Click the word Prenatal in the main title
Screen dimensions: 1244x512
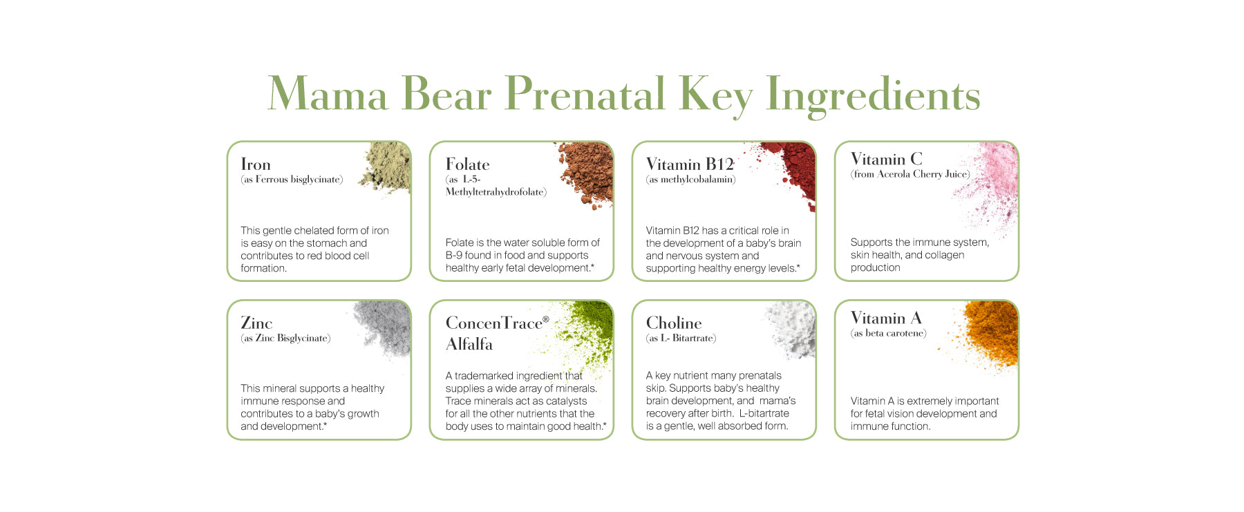pos(585,94)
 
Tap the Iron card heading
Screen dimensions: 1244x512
pos(256,164)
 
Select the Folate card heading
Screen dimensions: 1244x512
pos(468,164)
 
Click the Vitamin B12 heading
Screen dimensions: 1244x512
pos(690,164)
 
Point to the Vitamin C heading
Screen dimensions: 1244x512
pos(887,159)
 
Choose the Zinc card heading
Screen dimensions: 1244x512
pos(256,323)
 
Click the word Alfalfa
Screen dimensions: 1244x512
pos(469,344)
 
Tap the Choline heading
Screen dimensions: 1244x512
pos(674,323)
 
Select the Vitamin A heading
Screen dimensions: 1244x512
pos(886,318)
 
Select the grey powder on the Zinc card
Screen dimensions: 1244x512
pos(384,328)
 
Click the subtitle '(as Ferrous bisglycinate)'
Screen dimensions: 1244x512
pos(292,180)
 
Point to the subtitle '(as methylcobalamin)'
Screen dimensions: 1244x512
pos(690,180)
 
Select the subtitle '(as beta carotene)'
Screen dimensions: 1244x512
pos(889,333)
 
